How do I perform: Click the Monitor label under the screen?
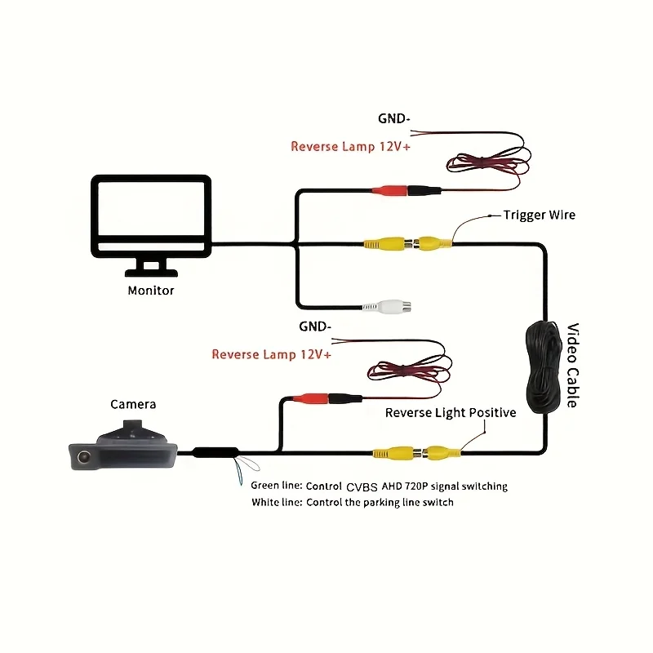(x=151, y=291)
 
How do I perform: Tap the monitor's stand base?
(x=151, y=273)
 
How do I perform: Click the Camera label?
(x=133, y=404)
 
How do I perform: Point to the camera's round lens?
(x=84, y=457)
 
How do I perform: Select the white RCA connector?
(x=386, y=307)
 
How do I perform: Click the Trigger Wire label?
(x=540, y=215)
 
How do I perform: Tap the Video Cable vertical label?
(x=573, y=365)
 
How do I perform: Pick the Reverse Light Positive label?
(x=451, y=413)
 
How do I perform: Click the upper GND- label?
(x=394, y=118)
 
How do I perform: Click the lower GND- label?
(x=315, y=326)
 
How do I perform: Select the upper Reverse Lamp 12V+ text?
(x=350, y=147)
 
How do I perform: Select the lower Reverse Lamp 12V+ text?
(x=271, y=354)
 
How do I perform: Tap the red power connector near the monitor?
(x=389, y=190)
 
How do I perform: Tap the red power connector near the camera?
(x=311, y=398)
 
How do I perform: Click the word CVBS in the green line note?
(x=362, y=486)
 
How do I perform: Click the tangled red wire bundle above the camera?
(x=409, y=371)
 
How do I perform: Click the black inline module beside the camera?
(x=215, y=452)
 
